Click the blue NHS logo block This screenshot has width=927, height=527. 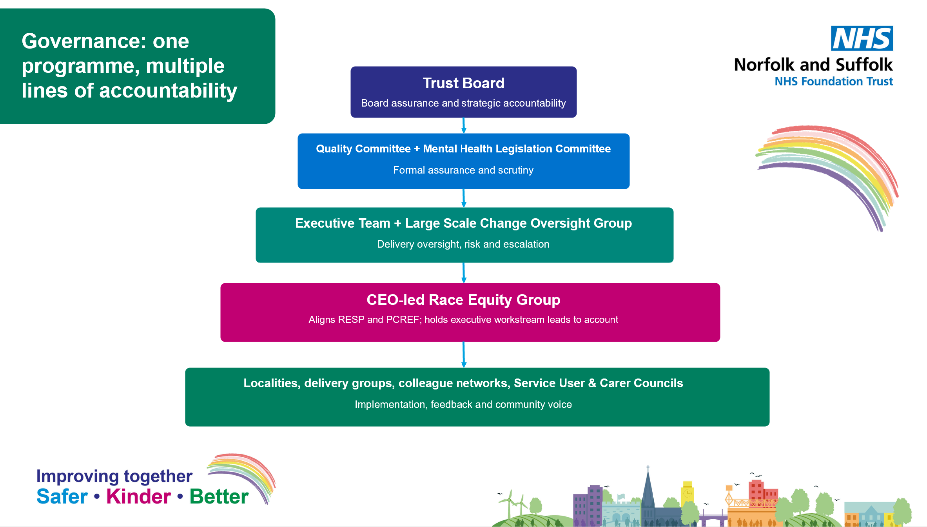(x=862, y=38)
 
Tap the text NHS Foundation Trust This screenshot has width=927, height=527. (x=834, y=81)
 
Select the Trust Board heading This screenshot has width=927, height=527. (x=463, y=83)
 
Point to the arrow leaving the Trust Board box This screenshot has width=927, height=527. (x=464, y=125)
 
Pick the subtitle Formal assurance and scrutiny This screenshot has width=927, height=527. (x=463, y=170)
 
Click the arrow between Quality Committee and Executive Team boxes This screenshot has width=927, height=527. (x=464, y=198)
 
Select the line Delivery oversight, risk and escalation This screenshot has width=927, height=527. (x=463, y=244)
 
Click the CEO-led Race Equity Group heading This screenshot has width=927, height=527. (x=463, y=300)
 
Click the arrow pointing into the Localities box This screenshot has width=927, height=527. (x=464, y=355)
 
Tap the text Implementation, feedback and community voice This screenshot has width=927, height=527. (x=463, y=404)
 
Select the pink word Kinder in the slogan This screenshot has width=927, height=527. (x=139, y=496)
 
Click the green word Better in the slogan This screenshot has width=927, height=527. (x=219, y=496)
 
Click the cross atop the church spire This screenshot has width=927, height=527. (x=648, y=467)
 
